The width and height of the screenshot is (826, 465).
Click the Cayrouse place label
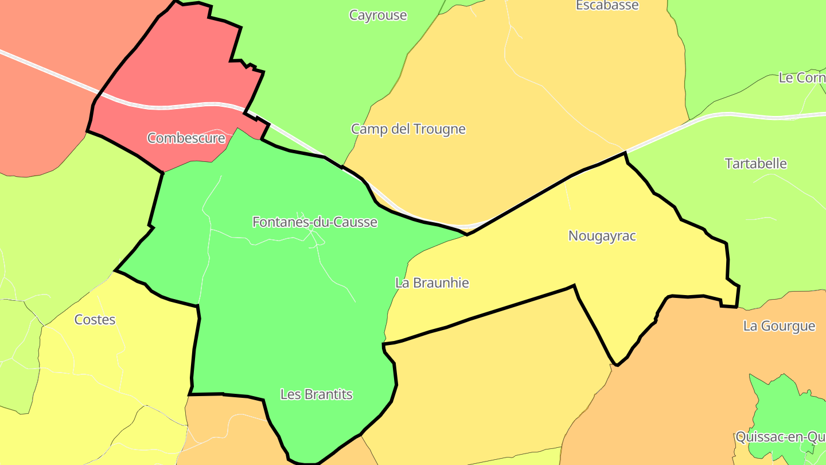(x=378, y=15)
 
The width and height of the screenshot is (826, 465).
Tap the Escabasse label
(x=607, y=6)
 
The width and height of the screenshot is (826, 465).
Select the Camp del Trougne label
(x=408, y=129)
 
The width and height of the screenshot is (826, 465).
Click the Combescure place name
(x=186, y=138)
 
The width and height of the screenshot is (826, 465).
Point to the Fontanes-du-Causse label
(x=315, y=222)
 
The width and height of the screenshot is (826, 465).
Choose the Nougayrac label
(x=602, y=236)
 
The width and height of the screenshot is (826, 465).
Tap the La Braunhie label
(x=432, y=283)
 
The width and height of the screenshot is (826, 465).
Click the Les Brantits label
(x=316, y=394)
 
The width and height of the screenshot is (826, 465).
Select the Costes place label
(x=95, y=320)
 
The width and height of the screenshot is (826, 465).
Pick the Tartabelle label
(x=756, y=164)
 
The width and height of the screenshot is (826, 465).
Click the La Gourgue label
(x=779, y=326)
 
